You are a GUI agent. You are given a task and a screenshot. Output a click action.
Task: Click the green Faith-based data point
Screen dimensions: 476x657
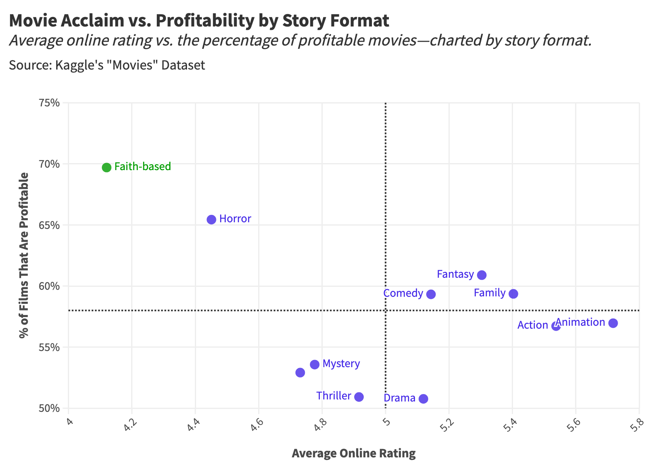click(x=106, y=167)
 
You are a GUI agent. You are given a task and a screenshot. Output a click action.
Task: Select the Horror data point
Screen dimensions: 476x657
click(x=211, y=219)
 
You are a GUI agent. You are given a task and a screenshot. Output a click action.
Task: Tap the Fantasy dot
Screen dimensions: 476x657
click(x=482, y=275)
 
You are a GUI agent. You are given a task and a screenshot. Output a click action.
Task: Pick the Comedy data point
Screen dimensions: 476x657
click(x=431, y=294)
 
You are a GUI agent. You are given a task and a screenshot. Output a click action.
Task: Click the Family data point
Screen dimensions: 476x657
click(x=513, y=294)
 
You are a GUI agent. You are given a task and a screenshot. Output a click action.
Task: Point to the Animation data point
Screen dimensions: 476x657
click(x=613, y=323)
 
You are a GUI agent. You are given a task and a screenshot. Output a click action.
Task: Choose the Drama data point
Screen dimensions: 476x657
click(x=423, y=399)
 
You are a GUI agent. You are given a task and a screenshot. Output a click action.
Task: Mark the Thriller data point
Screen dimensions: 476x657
click(x=359, y=397)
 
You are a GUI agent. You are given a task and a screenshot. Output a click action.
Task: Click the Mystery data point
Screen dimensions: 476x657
click(x=314, y=365)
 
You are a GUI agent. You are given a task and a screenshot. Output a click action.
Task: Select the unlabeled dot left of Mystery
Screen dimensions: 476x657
click(x=300, y=373)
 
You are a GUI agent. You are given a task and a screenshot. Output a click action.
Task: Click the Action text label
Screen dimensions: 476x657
click(x=532, y=325)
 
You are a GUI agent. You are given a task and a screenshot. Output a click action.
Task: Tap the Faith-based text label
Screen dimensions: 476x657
click(x=142, y=167)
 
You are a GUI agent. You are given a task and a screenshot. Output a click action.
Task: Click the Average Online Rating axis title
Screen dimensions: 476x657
click(x=353, y=454)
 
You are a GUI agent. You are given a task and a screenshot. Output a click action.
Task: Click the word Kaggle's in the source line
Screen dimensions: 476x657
click(x=78, y=65)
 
